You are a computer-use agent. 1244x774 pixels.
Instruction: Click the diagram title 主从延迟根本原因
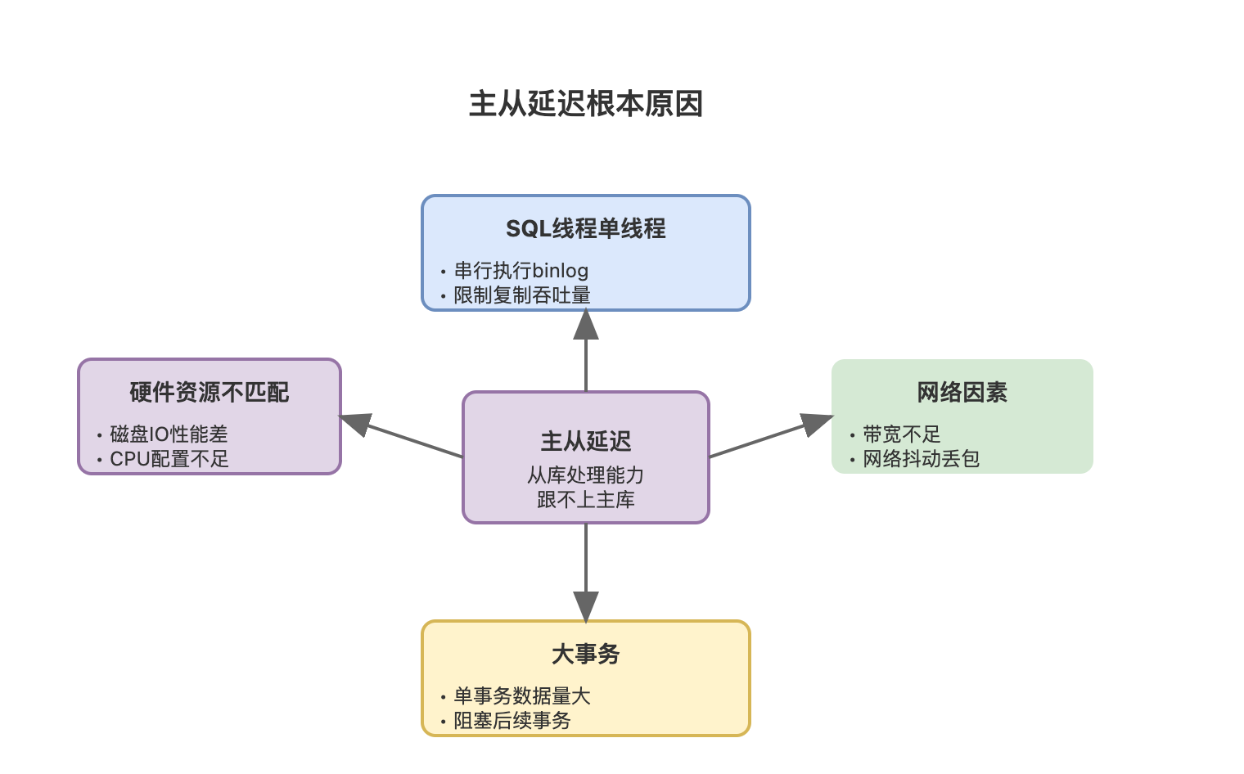586,104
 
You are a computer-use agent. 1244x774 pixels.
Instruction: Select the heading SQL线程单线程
586,228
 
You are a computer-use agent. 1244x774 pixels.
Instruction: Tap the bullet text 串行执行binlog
521,271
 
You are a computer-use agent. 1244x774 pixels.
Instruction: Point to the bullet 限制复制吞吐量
522,295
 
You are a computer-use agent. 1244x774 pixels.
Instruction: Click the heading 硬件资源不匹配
210,393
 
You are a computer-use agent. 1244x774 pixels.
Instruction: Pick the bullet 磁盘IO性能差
169,434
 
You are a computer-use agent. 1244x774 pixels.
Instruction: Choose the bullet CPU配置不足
169,459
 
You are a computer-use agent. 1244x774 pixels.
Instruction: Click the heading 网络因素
962,393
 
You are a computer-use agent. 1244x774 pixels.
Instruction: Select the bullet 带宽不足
901,434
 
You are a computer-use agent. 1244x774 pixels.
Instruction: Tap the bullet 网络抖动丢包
921,459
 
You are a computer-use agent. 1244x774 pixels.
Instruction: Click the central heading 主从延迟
586,442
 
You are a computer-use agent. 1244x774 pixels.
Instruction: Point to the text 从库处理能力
586,475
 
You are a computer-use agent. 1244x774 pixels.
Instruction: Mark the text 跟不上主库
586,500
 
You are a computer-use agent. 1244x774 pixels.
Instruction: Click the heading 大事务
586,655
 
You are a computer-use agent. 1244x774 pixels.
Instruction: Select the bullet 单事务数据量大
522,696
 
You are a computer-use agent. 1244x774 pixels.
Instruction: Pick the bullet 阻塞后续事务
512,721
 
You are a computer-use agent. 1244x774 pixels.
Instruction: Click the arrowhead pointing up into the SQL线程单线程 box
586,326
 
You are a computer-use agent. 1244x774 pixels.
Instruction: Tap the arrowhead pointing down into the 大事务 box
586,606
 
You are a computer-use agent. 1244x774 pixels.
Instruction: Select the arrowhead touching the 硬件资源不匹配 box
356,423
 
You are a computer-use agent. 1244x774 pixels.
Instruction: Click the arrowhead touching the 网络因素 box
816,423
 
